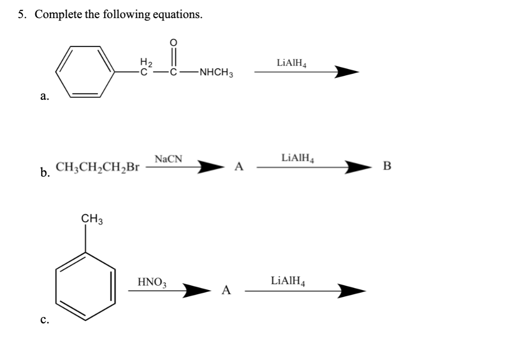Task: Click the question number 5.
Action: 22,14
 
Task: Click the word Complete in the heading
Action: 58,14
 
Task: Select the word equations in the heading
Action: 176,14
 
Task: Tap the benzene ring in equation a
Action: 86,72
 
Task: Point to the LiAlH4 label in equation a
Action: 292,63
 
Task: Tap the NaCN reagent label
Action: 168,158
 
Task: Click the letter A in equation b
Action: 238,168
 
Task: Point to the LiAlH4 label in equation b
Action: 298,158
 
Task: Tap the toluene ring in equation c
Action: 86,286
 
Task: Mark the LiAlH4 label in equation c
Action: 288,281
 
